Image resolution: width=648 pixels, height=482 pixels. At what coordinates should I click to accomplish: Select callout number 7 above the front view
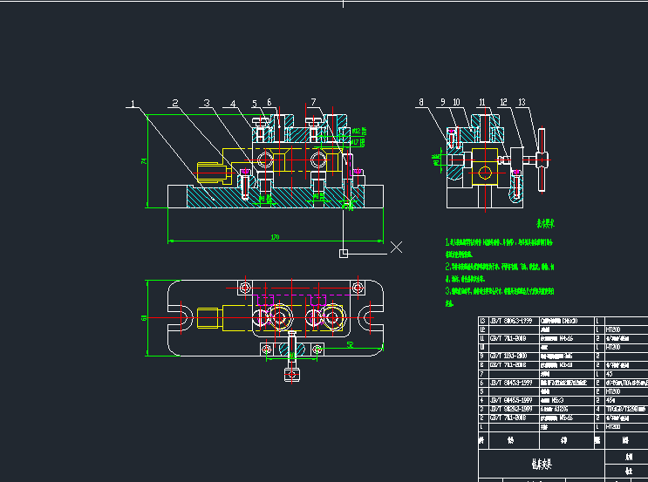point(313,102)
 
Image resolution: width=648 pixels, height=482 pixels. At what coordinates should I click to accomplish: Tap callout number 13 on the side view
point(521,102)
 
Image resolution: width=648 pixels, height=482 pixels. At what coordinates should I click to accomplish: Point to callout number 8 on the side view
point(421,102)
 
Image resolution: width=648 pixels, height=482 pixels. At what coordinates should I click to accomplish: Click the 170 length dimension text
point(275,237)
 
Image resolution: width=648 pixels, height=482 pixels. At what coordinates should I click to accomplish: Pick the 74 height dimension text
point(142,160)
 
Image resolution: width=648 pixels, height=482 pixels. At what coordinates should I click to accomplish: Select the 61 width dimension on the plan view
point(144,318)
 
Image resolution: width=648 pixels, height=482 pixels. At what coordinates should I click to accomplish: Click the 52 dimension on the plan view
point(349,345)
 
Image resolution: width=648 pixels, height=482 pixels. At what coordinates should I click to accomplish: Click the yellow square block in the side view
point(505,160)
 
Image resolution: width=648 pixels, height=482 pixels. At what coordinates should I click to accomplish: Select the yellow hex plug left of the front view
point(209,171)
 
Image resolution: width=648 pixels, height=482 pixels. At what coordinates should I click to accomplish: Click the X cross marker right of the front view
point(396,247)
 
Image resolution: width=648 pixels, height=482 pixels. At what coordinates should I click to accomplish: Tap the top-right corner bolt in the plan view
point(356,287)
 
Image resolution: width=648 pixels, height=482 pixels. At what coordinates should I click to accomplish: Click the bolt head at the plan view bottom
point(291,374)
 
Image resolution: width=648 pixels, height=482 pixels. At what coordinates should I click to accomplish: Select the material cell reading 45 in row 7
point(609,374)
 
